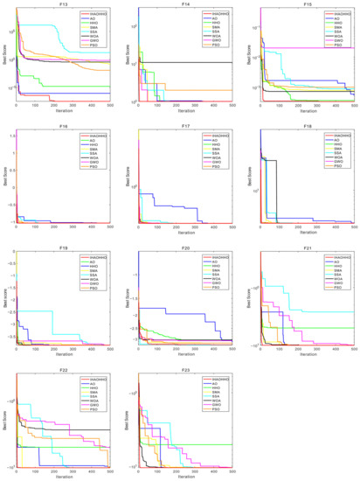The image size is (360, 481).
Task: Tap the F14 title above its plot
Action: pyautogui.click(x=185, y=5)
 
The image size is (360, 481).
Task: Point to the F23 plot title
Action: pyautogui.click(x=185, y=369)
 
